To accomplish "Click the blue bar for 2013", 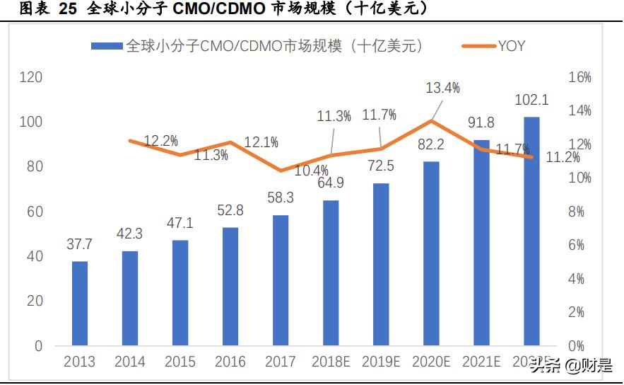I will [80, 304].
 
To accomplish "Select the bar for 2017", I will [281, 280].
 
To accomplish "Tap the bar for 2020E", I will [431, 253].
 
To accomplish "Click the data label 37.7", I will [80, 245].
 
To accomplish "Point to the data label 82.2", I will [431, 145].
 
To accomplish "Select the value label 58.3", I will [281, 199].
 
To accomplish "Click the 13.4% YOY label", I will [443, 88].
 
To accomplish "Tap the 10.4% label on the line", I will [312, 171].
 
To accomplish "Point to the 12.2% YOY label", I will [160, 140].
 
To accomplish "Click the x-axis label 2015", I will [180, 362].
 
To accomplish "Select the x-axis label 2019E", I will [381, 362].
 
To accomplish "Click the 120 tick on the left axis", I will [30, 77].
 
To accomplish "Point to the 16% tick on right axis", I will [579, 77].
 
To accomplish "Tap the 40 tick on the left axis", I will [34, 256].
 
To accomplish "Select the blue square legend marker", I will [107, 46].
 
